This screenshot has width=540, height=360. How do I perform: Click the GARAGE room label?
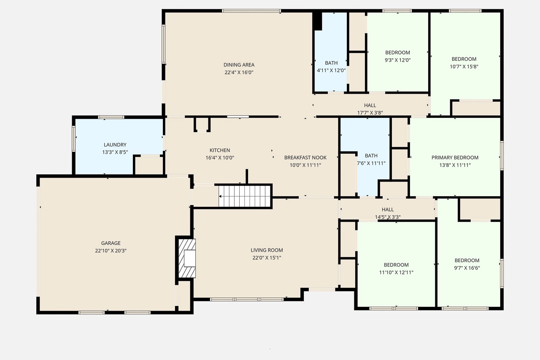tap(111, 243)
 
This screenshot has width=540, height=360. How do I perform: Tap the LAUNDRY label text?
tap(115, 145)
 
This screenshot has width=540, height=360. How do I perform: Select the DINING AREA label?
tap(239, 65)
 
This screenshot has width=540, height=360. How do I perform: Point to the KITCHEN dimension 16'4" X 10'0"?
tap(220, 158)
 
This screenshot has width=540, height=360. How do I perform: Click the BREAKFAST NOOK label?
tap(305, 157)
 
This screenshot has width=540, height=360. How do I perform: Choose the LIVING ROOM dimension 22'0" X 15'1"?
tap(267, 257)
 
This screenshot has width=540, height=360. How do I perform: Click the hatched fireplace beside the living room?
tap(187, 258)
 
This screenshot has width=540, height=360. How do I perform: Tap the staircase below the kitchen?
tap(244, 196)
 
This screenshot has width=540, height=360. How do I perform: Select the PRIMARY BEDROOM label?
tap(455, 157)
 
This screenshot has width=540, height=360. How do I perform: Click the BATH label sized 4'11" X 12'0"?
tap(331, 63)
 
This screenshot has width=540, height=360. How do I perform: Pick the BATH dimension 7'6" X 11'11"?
tap(371, 163)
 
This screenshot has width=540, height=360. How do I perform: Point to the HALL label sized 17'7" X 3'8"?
tap(370, 106)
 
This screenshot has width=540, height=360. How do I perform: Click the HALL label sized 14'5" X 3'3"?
tap(388, 209)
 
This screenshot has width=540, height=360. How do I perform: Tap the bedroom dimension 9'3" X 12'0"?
tap(397, 60)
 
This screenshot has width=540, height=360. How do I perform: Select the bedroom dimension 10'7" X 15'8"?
tap(464, 67)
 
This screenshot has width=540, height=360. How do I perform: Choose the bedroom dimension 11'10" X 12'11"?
tap(396, 273)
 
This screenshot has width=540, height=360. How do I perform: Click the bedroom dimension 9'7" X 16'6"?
tap(467, 268)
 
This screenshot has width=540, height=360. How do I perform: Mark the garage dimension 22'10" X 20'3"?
tap(111, 251)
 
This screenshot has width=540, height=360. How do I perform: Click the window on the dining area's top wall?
tap(251, 11)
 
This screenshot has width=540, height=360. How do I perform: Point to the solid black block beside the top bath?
tap(317, 21)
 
